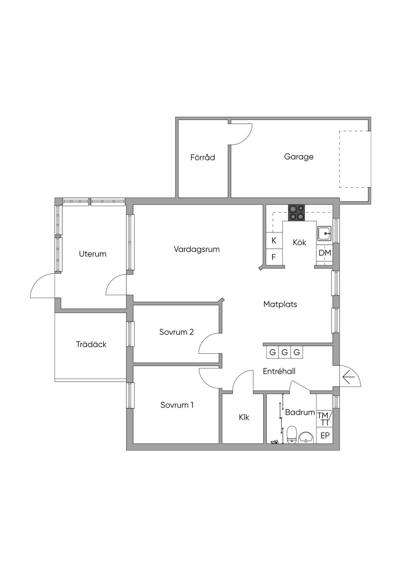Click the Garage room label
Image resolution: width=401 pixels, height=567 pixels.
(298, 157)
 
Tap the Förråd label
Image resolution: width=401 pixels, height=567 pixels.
(202, 157)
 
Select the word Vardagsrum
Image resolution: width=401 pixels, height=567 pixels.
(197, 249)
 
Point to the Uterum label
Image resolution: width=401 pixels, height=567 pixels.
(92, 254)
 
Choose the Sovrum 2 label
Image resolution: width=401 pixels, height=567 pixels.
(177, 332)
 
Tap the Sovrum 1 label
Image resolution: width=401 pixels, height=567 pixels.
(177, 405)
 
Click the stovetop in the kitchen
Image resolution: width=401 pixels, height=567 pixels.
(297, 212)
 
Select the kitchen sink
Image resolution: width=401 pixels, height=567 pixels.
(324, 234)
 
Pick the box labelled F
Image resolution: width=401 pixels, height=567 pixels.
(274, 257)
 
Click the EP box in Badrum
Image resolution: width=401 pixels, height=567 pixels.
(325, 436)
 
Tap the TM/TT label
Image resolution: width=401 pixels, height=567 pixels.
(324, 419)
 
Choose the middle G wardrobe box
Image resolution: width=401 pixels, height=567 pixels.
(285, 352)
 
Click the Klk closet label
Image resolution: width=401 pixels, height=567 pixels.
(244, 417)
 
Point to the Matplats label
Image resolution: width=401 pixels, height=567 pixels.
(280, 304)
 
